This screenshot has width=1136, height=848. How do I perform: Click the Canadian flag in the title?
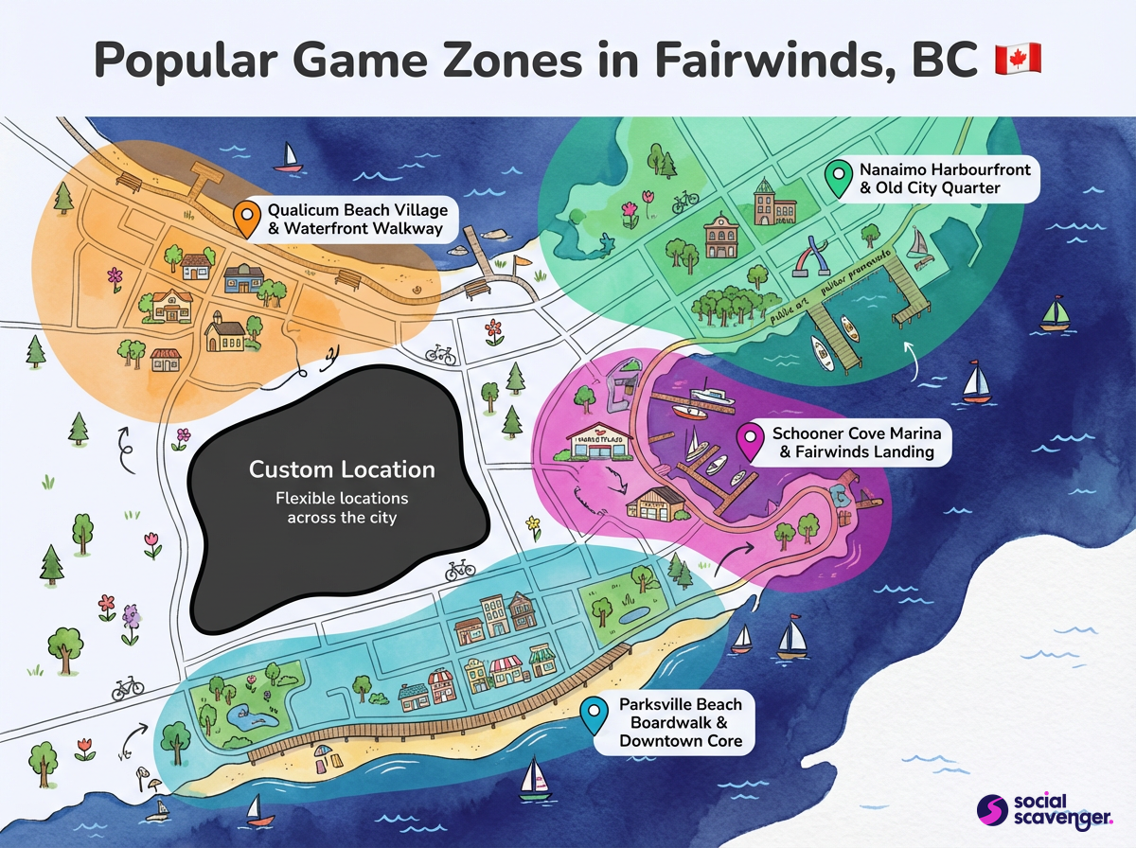[x=1018, y=59]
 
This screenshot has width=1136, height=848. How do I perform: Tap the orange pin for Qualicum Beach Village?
[x=246, y=218]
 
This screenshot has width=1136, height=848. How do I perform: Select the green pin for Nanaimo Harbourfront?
[x=837, y=178]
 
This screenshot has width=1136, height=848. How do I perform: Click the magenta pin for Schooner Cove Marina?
[x=752, y=440]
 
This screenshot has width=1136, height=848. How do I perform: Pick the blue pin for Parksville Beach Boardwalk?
[x=595, y=715]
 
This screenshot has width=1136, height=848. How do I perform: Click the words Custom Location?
[x=342, y=469]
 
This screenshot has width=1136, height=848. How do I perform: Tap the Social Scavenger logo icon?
[x=991, y=809]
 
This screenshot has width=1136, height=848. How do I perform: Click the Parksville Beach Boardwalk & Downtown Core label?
[x=680, y=722]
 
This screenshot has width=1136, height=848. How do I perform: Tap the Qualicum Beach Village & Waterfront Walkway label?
[x=356, y=219]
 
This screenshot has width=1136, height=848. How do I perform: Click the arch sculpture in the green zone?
[x=814, y=256]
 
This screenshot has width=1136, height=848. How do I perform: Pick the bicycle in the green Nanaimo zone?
[x=684, y=201]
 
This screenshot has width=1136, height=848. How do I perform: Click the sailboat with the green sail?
[x=1054, y=312]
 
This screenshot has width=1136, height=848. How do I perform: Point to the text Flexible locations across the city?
[x=342, y=508]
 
